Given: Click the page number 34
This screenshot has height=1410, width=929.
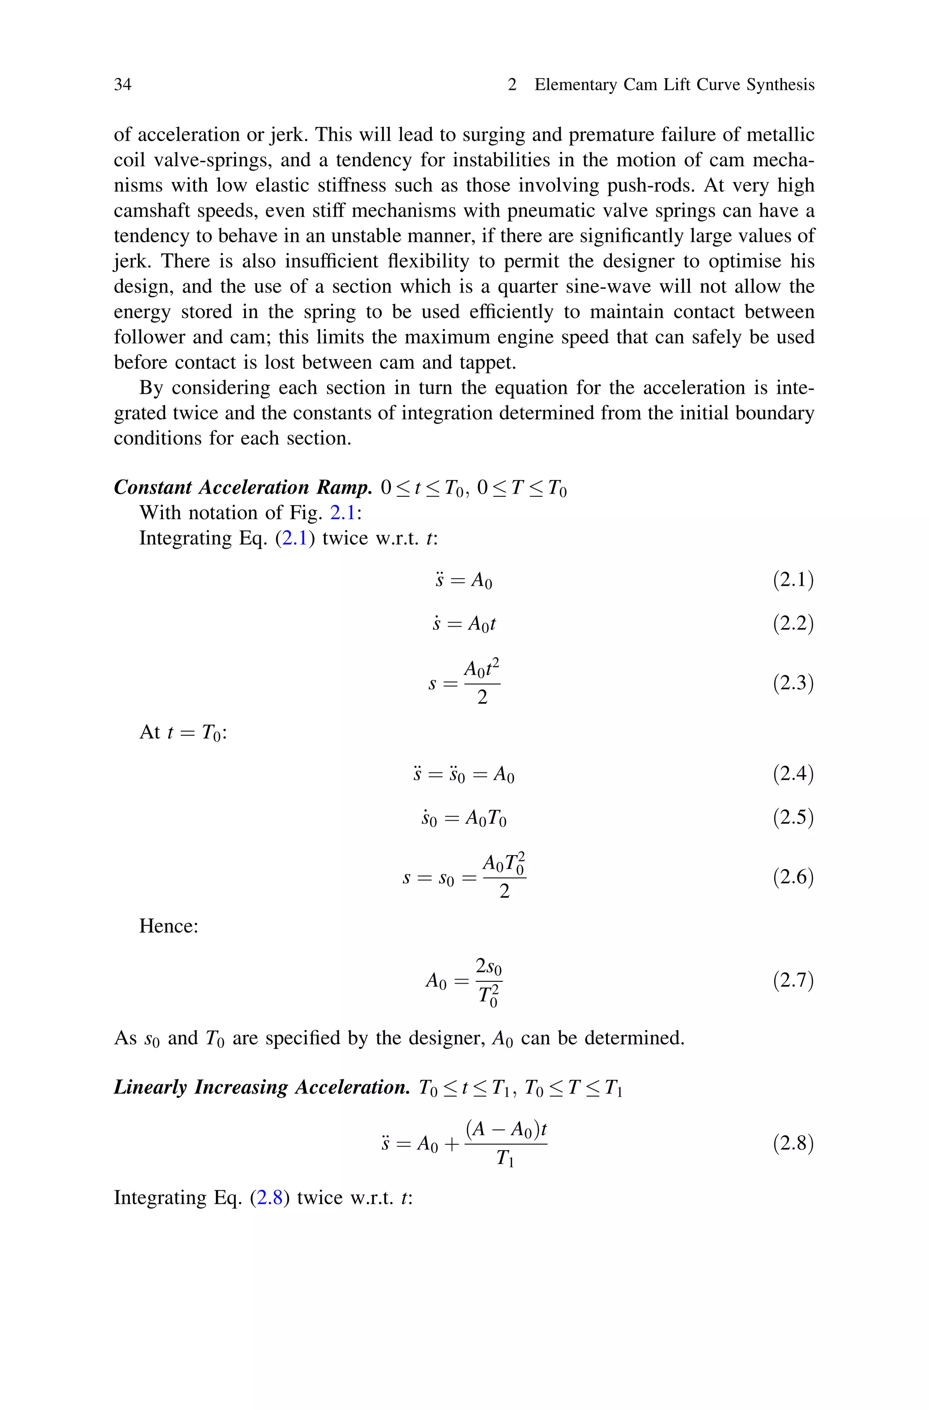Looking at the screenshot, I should coord(122,85).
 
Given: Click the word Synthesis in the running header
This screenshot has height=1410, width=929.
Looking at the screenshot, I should coord(780,85).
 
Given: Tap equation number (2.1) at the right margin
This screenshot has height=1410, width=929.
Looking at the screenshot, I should coord(793,580).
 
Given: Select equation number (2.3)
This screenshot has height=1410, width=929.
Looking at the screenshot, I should coord(793,683).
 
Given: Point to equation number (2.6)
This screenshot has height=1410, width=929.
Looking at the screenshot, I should coord(793,877).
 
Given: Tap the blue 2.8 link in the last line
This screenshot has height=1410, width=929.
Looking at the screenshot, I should coord(269,1198).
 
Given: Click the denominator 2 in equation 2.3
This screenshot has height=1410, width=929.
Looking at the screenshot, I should coord(482,698).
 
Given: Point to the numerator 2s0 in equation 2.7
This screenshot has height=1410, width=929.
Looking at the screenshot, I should coord(489,967).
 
